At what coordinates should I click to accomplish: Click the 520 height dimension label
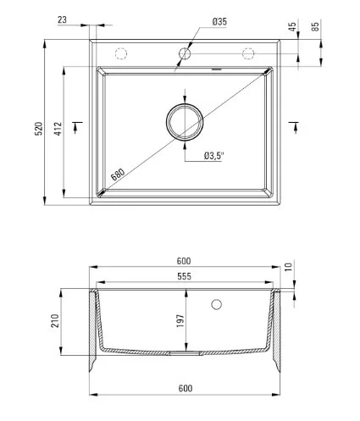(x=38, y=129)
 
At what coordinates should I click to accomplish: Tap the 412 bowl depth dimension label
(x=58, y=129)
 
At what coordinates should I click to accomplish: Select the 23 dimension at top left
(x=62, y=19)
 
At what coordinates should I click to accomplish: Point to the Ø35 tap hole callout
(x=219, y=21)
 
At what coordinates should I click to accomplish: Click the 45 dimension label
(x=293, y=26)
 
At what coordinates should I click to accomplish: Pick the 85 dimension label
(x=315, y=26)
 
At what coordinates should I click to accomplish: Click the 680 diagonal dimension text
(x=118, y=174)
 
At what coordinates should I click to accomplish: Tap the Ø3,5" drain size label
(x=213, y=156)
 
